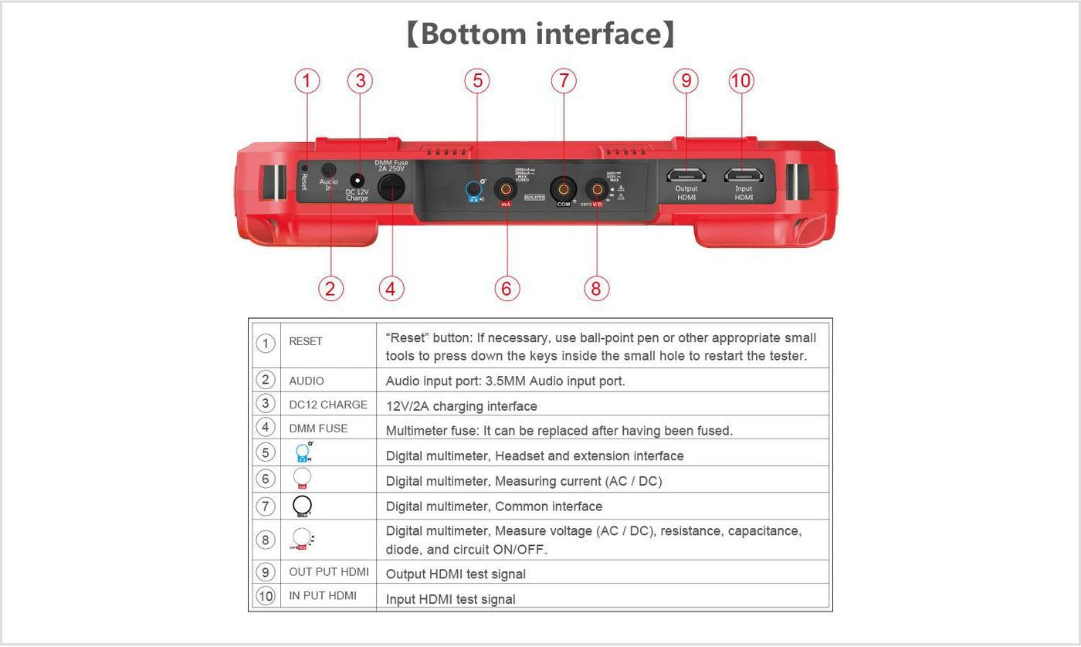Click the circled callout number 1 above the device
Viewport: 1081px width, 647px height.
tap(307, 81)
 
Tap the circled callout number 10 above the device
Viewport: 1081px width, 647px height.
tap(740, 81)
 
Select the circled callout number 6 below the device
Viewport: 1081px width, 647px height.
tap(507, 288)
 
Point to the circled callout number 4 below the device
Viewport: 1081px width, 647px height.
tap(391, 288)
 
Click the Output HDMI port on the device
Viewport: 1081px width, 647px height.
tap(686, 175)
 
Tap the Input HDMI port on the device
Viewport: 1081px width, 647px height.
tap(743, 175)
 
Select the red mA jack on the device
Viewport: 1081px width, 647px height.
tap(506, 188)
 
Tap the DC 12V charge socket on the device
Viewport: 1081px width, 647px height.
tap(357, 181)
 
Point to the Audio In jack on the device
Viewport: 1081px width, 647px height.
tap(329, 171)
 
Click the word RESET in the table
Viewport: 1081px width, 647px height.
tap(306, 341)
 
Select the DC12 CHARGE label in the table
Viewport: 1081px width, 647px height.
tap(328, 405)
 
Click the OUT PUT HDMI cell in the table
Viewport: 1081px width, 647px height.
tap(329, 572)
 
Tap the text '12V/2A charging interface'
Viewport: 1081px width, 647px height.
tap(461, 406)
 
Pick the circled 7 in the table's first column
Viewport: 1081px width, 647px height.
tap(266, 506)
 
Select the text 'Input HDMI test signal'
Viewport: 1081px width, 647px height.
tap(450, 599)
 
